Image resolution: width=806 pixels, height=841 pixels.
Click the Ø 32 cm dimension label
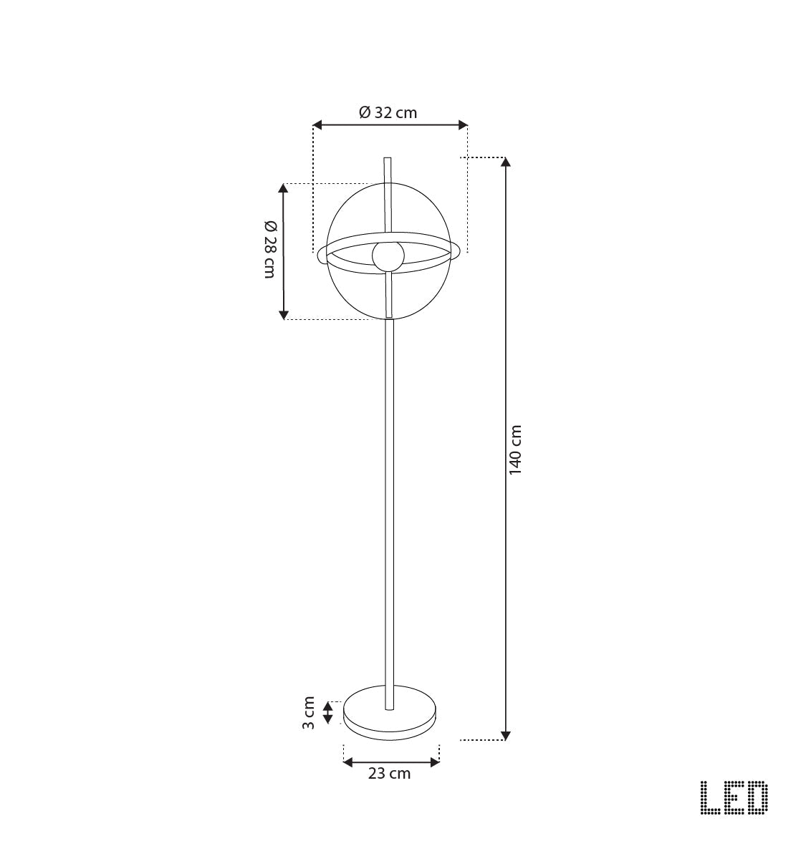[x=388, y=112]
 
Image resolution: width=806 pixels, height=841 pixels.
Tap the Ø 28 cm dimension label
[x=269, y=249]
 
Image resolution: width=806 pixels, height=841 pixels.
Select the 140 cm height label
[x=516, y=449]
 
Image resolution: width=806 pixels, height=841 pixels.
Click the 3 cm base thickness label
[x=308, y=712]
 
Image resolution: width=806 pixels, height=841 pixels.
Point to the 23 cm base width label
[x=389, y=774]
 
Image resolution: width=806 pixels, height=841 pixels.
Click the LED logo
[x=734, y=797]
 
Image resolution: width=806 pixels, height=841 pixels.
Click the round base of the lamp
[x=389, y=712]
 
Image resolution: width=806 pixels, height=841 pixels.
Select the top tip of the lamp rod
[x=388, y=159]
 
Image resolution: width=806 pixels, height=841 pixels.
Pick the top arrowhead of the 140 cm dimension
[x=506, y=162]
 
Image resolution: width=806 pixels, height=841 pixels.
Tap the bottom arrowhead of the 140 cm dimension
[x=506, y=735]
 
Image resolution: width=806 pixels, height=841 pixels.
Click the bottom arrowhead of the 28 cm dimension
[x=284, y=314]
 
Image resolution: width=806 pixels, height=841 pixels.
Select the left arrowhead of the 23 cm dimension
[x=348, y=763]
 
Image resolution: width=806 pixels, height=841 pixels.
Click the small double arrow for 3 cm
[x=327, y=712]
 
